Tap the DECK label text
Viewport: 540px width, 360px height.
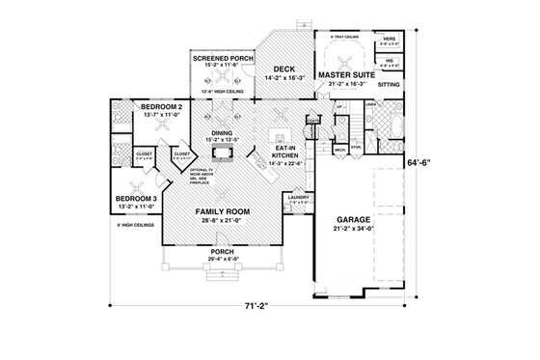[x=284, y=69]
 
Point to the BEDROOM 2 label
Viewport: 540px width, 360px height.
[x=154, y=106]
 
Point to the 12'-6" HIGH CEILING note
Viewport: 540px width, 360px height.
[x=221, y=92]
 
